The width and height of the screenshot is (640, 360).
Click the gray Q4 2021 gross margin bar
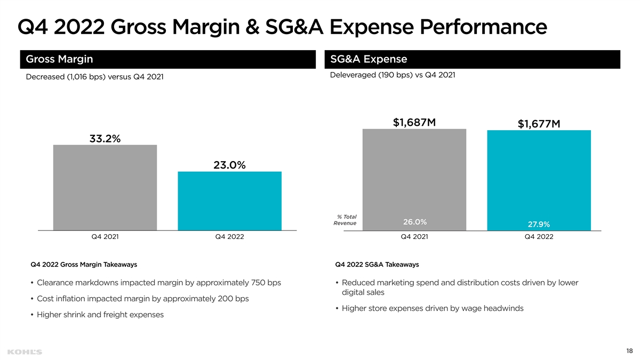(105, 187)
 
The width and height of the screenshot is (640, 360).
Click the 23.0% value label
(229, 165)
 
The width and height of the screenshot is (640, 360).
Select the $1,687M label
(414, 123)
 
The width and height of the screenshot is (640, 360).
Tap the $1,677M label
(539, 124)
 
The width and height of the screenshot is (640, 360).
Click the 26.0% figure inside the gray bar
(414, 222)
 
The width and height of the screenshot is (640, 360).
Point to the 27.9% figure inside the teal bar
(539, 224)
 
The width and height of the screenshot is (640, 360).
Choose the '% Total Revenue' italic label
(346, 220)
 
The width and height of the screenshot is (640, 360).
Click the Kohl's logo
(25, 352)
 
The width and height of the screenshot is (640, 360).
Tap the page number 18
(629, 351)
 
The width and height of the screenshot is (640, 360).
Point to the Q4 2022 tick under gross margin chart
(229, 237)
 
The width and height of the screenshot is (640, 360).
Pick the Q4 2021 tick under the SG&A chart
(414, 237)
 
